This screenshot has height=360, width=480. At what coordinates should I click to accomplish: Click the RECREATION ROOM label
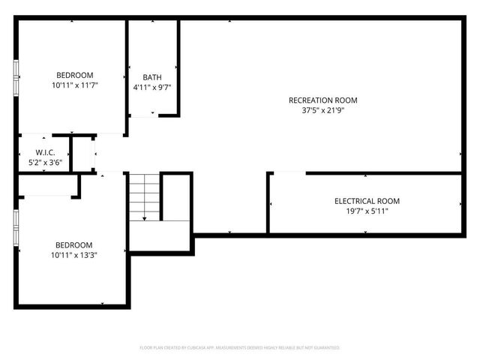(322, 100)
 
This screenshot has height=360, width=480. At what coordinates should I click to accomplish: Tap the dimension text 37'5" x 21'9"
(322, 111)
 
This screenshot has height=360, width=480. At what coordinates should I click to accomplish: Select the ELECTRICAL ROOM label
(367, 201)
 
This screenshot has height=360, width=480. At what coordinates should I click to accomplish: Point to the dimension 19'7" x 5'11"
(367, 211)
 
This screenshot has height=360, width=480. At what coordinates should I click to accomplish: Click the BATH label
(152, 77)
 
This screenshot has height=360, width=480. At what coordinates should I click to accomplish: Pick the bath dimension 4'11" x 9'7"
(152, 88)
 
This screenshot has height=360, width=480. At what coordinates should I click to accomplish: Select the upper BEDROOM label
(74, 74)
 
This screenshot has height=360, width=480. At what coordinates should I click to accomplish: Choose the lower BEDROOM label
(73, 245)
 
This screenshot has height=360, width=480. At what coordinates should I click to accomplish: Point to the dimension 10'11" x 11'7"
(74, 85)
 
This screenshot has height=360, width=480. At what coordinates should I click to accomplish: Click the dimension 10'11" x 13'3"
(73, 256)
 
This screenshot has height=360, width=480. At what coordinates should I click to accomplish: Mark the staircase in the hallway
(144, 196)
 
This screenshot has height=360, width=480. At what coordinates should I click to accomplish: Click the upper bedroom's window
(16, 75)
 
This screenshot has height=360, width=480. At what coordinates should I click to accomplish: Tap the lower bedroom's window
(16, 228)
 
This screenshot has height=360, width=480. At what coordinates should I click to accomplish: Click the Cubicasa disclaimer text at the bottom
(240, 348)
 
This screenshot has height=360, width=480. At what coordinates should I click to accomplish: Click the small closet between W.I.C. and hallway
(82, 154)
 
